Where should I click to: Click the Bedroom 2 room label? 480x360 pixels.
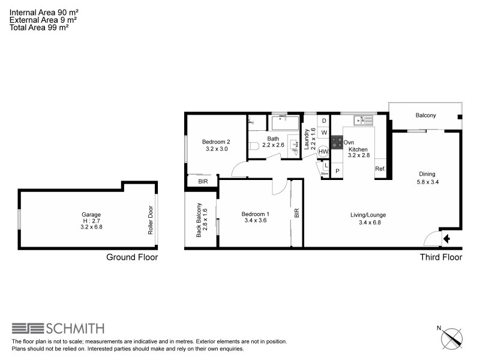point(217,142)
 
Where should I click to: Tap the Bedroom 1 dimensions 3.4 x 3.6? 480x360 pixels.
point(255,220)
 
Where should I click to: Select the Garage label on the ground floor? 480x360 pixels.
point(91,214)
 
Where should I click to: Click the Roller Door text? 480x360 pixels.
point(151,220)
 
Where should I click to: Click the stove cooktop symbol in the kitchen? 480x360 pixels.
point(337,143)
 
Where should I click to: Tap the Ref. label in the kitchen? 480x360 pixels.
point(380,169)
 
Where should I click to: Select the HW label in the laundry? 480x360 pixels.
point(323,151)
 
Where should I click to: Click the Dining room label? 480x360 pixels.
point(427,175)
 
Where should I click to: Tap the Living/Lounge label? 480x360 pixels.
point(368,215)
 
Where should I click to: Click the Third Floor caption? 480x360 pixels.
point(440,257)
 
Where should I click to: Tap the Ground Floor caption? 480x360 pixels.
point(132,257)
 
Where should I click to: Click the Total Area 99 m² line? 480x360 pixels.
point(39,27)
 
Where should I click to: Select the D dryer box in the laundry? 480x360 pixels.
point(323,121)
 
